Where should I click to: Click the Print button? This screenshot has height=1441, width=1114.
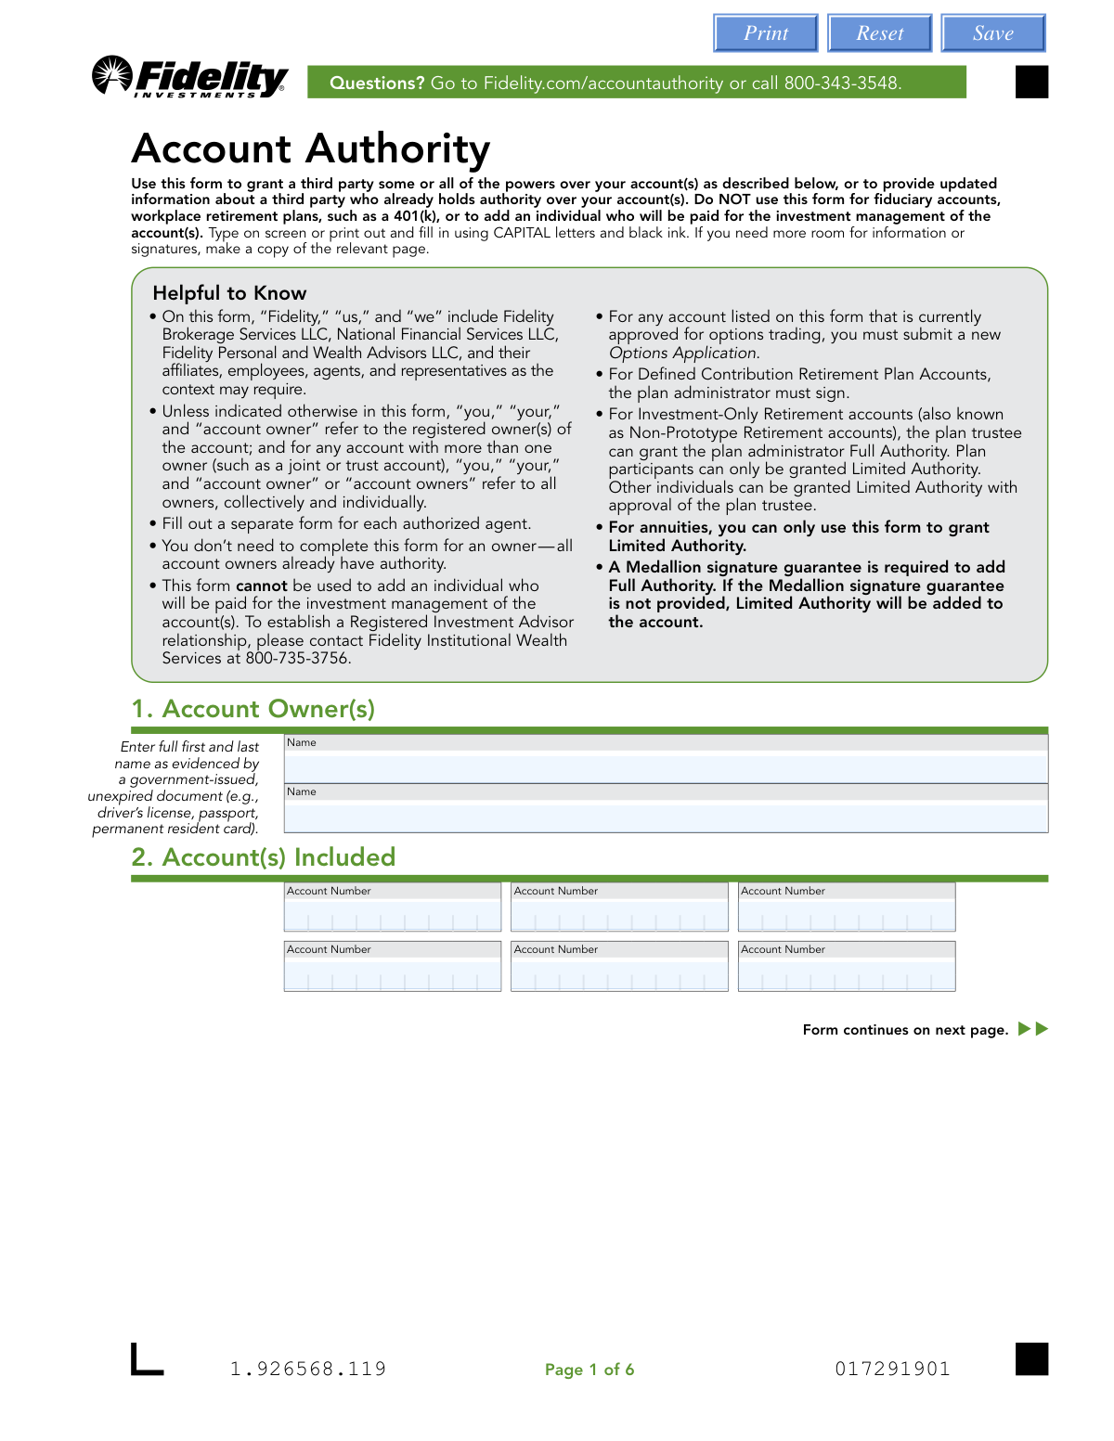coord(765,33)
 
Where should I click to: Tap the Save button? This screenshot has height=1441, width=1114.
coord(992,33)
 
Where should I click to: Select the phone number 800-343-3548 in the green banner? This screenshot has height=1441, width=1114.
coord(842,84)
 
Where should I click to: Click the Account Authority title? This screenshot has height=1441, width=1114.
coord(311,148)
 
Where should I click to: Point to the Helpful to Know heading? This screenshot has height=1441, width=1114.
coord(229,293)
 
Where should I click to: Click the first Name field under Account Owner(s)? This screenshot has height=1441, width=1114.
coord(666,768)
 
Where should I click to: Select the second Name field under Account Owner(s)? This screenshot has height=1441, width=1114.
coord(666,817)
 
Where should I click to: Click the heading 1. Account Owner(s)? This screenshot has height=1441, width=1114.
coord(253,709)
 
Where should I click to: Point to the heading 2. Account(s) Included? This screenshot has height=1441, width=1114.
coord(264,857)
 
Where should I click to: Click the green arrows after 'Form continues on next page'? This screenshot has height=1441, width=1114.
coord(1033,1029)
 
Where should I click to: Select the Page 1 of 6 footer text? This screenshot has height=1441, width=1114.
coord(589,1370)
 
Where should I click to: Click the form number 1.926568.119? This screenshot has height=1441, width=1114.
coord(308,1370)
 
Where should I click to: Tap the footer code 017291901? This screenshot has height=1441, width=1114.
coord(892,1370)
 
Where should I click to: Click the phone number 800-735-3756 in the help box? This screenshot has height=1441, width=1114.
coord(297,659)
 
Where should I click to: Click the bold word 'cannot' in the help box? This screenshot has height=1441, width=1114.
coord(262,586)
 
